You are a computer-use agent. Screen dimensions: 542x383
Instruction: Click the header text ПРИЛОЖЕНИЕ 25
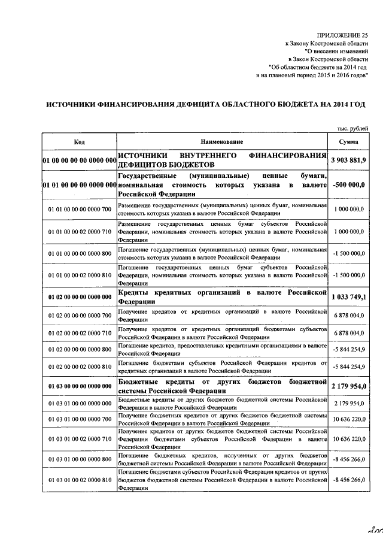tap(343, 35)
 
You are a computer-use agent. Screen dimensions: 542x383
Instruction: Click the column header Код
tap(79, 141)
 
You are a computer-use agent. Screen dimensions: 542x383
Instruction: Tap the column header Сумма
tap(348, 141)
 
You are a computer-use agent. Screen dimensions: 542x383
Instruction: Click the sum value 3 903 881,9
tap(348, 160)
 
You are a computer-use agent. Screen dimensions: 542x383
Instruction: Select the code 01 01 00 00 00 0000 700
tap(79, 209)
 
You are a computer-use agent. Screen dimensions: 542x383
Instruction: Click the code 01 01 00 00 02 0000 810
tap(79, 274)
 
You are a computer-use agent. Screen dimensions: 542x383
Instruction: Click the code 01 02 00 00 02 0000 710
tap(79, 332)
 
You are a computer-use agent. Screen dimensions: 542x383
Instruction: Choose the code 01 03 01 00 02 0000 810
tap(79, 480)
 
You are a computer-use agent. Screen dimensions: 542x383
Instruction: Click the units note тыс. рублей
tap(352, 128)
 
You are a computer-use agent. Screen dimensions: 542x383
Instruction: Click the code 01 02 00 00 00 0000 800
tap(79, 349)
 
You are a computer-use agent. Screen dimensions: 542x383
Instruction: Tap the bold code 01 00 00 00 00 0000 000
tap(79, 160)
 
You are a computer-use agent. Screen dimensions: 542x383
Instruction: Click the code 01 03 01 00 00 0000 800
tap(79, 459)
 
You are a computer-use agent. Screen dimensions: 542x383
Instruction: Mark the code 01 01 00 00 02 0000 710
tap(79, 231)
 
